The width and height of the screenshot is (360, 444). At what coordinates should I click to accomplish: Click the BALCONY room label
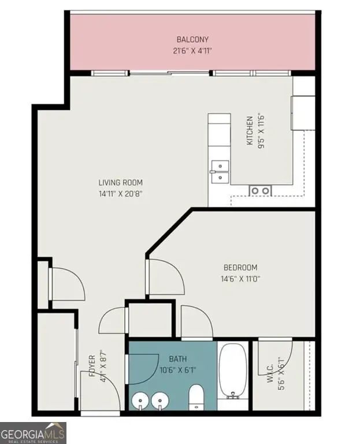[192, 39]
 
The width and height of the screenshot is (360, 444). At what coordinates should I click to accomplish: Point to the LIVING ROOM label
[120, 183]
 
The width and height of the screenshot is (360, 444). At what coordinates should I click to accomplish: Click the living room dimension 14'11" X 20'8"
[120, 194]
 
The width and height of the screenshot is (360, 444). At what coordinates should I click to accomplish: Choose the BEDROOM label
[240, 268]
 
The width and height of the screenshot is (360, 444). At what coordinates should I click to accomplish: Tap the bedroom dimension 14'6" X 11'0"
[240, 279]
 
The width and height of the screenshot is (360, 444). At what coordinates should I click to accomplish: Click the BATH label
[177, 360]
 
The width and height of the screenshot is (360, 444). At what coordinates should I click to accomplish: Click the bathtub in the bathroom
[233, 372]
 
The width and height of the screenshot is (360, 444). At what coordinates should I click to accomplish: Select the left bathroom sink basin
[139, 401]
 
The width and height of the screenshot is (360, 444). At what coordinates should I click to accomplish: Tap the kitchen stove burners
[261, 190]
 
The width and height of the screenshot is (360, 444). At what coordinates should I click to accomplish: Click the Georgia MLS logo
[33, 432]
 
